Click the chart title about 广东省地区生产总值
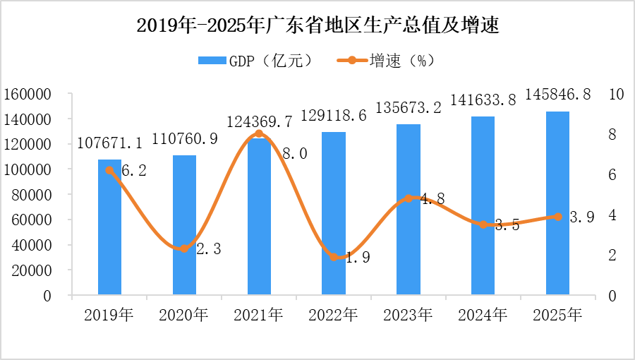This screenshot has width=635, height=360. tap(317, 25)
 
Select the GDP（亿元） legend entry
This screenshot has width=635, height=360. tap(255, 61)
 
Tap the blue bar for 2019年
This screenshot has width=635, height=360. tap(109, 233)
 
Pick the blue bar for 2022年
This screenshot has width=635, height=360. tap(333, 219)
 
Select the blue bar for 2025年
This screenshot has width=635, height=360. tap(557, 205)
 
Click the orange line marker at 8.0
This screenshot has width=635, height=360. tap(259, 133)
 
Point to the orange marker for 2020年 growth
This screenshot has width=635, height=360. tap(184, 248)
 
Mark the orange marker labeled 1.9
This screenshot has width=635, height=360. tap(334, 257)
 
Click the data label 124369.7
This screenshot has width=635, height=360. tap(259, 121)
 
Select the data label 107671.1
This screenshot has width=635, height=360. tap(109, 143)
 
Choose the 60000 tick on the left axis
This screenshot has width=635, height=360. tap(31, 220)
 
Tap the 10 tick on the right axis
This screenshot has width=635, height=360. tap(615, 94)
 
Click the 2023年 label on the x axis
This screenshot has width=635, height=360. tap(408, 315)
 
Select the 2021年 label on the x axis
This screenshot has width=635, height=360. tap(258, 315)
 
